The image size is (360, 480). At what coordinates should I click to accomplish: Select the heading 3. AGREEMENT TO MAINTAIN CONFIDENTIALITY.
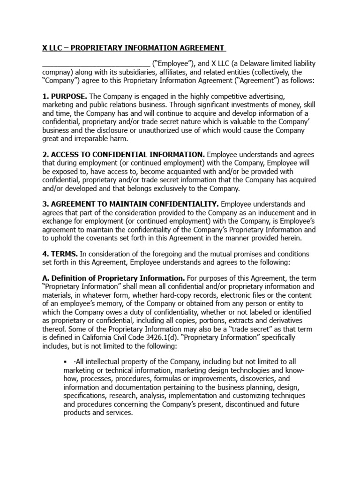click(130, 204)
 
